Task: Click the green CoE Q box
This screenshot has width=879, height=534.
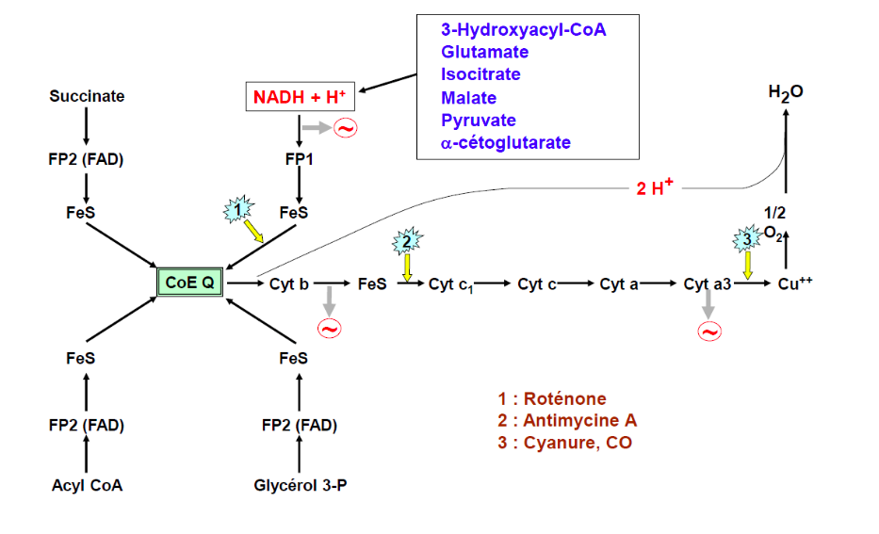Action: (x=189, y=282)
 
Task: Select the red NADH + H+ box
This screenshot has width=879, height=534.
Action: (x=299, y=96)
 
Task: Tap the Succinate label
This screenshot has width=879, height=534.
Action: (x=87, y=96)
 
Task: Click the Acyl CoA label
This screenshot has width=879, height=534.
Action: (x=87, y=486)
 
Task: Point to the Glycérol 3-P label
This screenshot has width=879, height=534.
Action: (x=299, y=486)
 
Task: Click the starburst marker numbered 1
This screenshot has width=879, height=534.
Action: (x=239, y=209)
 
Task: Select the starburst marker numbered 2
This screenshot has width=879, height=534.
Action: (x=406, y=241)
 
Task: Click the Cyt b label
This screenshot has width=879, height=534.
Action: (x=289, y=283)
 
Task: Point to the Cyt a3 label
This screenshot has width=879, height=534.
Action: (x=708, y=283)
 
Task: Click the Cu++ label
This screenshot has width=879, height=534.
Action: (x=795, y=283)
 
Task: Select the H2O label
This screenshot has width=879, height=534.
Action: (x=786, y=92)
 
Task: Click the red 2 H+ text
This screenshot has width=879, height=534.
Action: (x=656, y=188)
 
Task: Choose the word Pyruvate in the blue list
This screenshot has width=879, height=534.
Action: (x=478, y=121)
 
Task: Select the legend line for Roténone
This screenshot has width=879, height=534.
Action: (x=552, y=398)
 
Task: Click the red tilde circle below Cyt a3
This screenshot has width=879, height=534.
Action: (x=708, y=331)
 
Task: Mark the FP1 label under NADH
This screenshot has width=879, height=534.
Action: (x=299, y=159)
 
